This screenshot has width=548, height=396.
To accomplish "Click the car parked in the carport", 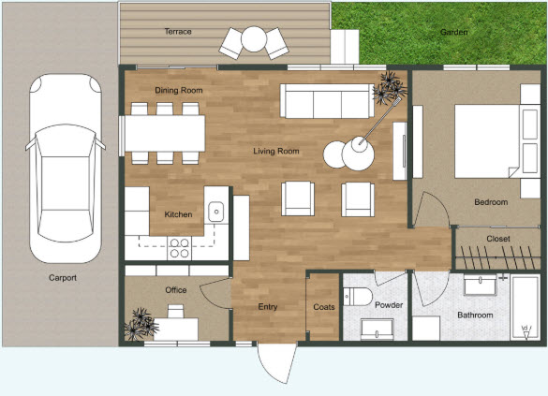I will (64, 169).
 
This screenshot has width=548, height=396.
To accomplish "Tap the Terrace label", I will (178, 32).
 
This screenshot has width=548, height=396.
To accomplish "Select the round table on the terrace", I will (254, 39).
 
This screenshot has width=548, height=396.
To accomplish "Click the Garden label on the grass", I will (454, 32).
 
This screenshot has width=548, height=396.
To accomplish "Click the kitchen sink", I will (215, 213).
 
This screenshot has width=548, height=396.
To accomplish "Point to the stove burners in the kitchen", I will (179, 248).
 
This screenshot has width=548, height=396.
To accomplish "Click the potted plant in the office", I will (141, 324).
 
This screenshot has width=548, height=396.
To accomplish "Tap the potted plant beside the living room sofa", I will (389, 90).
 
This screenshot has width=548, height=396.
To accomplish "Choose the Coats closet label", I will (324, 306).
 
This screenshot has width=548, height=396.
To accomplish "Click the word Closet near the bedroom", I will (498, 239).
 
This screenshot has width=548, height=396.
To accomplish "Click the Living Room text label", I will (276, 151).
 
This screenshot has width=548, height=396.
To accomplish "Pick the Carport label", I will (63, 278).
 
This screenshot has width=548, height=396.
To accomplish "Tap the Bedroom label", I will (491, 202).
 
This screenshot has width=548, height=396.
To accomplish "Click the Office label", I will (176, 290).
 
